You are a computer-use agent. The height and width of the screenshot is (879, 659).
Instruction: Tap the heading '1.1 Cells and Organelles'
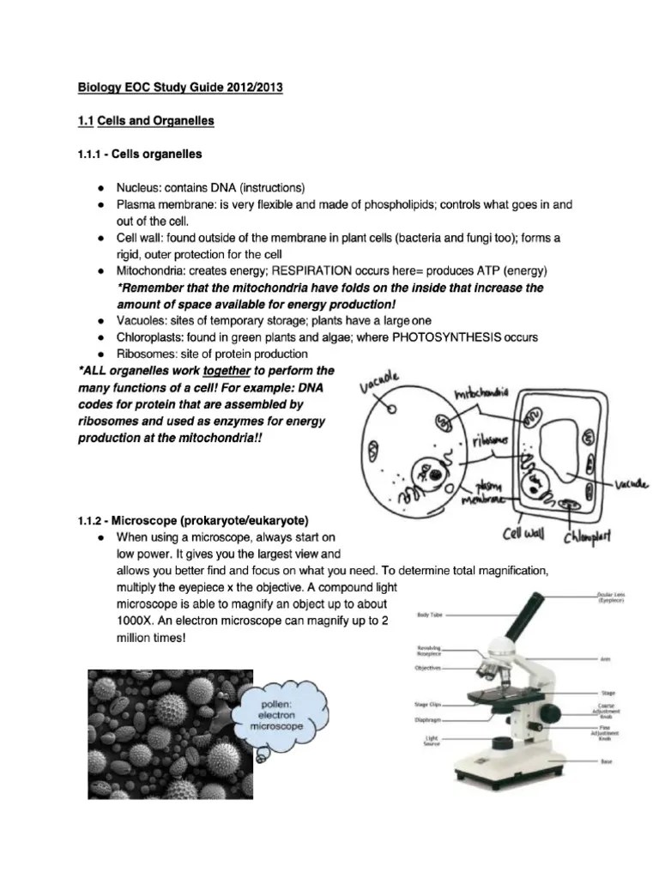146,121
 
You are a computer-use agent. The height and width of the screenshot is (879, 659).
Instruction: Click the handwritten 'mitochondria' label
481,394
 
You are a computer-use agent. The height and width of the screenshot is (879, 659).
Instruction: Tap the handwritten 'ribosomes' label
490,439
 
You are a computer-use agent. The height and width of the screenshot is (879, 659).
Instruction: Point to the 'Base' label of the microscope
607,762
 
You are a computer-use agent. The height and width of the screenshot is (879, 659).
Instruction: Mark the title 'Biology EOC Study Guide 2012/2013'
180,88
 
